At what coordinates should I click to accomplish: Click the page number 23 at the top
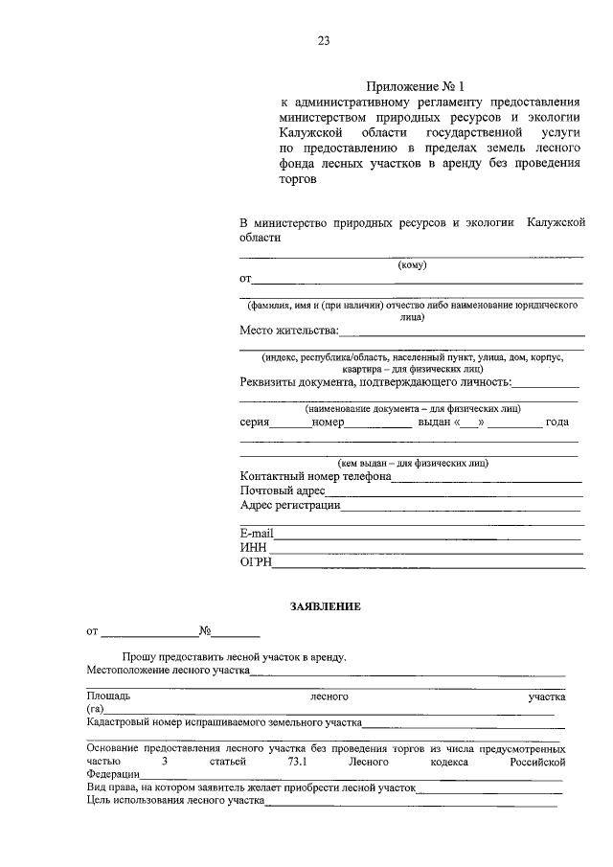pyautogui.click(x=323, y=40)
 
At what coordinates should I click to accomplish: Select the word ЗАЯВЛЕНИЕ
pyautogui.click(x=326, y=607)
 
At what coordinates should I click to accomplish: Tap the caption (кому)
pyautogui.click(x=412, y=265)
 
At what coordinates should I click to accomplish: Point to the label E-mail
pyautogui.click(x=257, y=533)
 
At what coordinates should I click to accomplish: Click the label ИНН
pyautogui.click(x=253, y=547)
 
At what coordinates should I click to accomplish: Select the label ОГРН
pyautogui.click(x=256, y=562)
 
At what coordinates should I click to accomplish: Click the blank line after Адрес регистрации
pyautogui.click(x=462, y=508)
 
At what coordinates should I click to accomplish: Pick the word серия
pyautogui.click(x=255, y=422)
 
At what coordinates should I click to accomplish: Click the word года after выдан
pyautogui.click(x=557, y=422)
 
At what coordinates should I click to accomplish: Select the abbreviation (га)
pyautogui.click(x=94, y=709)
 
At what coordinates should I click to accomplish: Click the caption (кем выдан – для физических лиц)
pyautogui.click(x=409, y=462)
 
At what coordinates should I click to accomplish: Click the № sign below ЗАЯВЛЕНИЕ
pyautogui.click(x=205, y=632)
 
